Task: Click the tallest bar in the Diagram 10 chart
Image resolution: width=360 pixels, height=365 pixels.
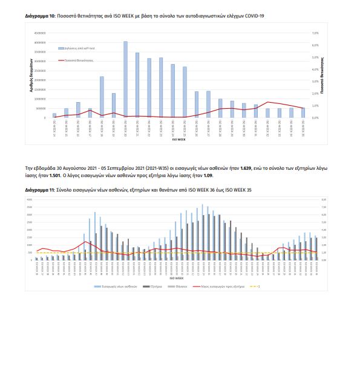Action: (x=125, y=79)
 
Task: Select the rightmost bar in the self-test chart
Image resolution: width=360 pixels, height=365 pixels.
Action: (x=303, y=113)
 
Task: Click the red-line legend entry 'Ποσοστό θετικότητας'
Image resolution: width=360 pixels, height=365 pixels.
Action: (x=74, y=60)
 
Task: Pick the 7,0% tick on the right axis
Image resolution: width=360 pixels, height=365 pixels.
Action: (x=315, y=33)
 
